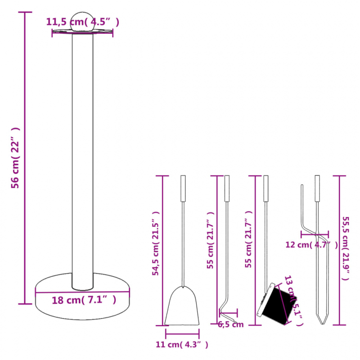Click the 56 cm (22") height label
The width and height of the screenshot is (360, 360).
click(x=15, y=157)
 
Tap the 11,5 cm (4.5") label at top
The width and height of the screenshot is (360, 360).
click(x=83, y=21)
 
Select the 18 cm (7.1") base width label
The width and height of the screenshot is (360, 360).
click(x=84, y=300)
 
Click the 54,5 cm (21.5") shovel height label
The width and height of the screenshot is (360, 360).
click(x=156, y=243)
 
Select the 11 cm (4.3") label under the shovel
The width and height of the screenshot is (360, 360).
click(x=182, y=345)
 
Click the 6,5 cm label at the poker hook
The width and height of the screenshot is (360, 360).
click(x=230, y=324)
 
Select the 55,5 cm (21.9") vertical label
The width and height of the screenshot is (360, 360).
click(x=345, y=247)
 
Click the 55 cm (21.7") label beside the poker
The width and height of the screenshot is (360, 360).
click(x=210, y=241)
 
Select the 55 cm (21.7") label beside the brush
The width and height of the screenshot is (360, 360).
click(x=248, y=241)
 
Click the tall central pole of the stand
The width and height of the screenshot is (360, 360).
click(x=83, y=157)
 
